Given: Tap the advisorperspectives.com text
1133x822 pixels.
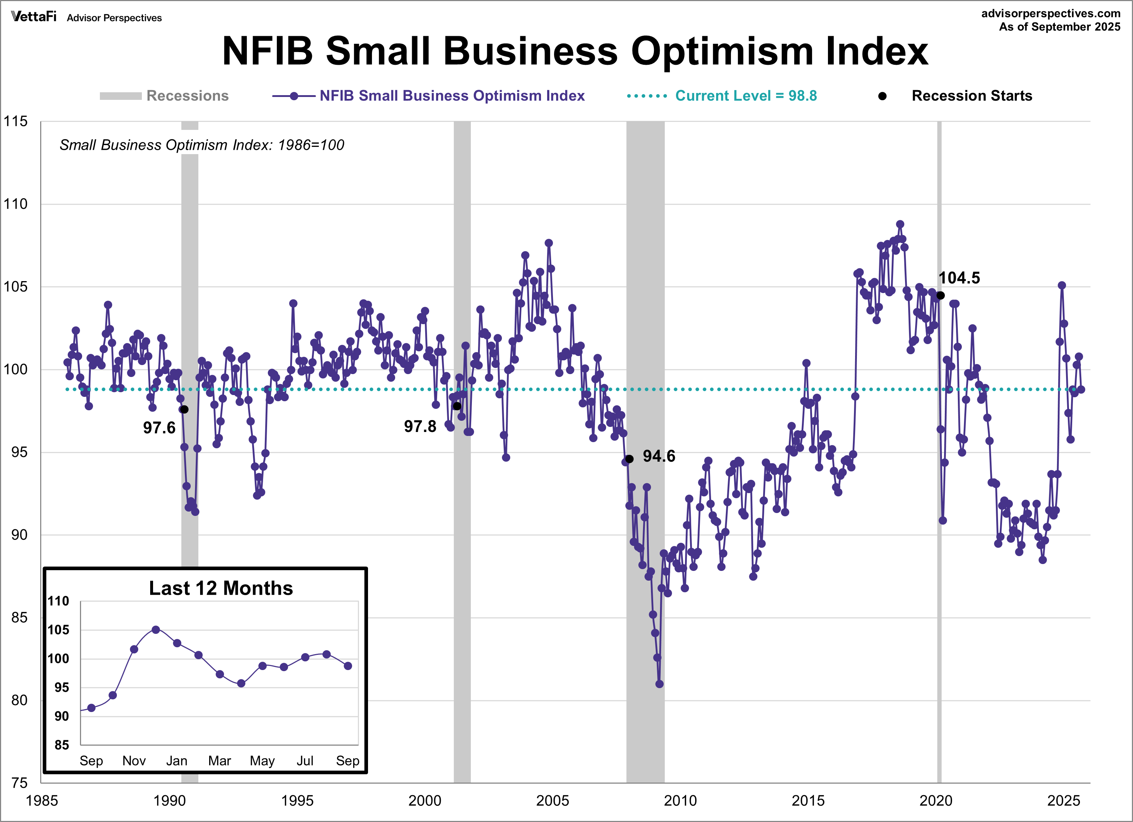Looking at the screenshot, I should pyautogui.click(x=1050, y=13).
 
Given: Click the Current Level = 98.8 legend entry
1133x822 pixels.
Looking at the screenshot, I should pyautogui.click(x=745, y=96).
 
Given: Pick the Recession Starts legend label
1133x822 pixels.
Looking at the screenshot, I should pyautogui.click(x=971, y=96).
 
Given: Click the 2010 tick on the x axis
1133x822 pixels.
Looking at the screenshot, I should pyautogui.click(x=680, y=801).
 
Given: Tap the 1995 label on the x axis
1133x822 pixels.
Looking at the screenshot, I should pyautogui.click(x=297, y=801).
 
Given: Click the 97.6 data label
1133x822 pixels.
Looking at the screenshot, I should pyautogui.click(x=159, y=428).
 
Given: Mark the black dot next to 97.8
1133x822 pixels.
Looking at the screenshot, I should pyautogui.click(x=457, y=406).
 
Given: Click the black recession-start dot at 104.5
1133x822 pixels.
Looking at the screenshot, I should pyautogui.click(x=940, y=295).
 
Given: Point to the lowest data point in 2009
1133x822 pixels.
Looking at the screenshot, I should pyautogui.click(x=659, y=684).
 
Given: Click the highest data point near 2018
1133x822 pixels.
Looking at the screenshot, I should pyautogui.click(x=900, y=224).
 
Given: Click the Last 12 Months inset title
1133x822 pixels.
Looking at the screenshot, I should pyautogui.click(x=221, y=588).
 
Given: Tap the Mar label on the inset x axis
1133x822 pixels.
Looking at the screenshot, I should pyautogui.click(x=219, y=760).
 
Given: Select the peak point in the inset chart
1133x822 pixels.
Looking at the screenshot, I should pyautogui.click(x=156, y=630).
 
